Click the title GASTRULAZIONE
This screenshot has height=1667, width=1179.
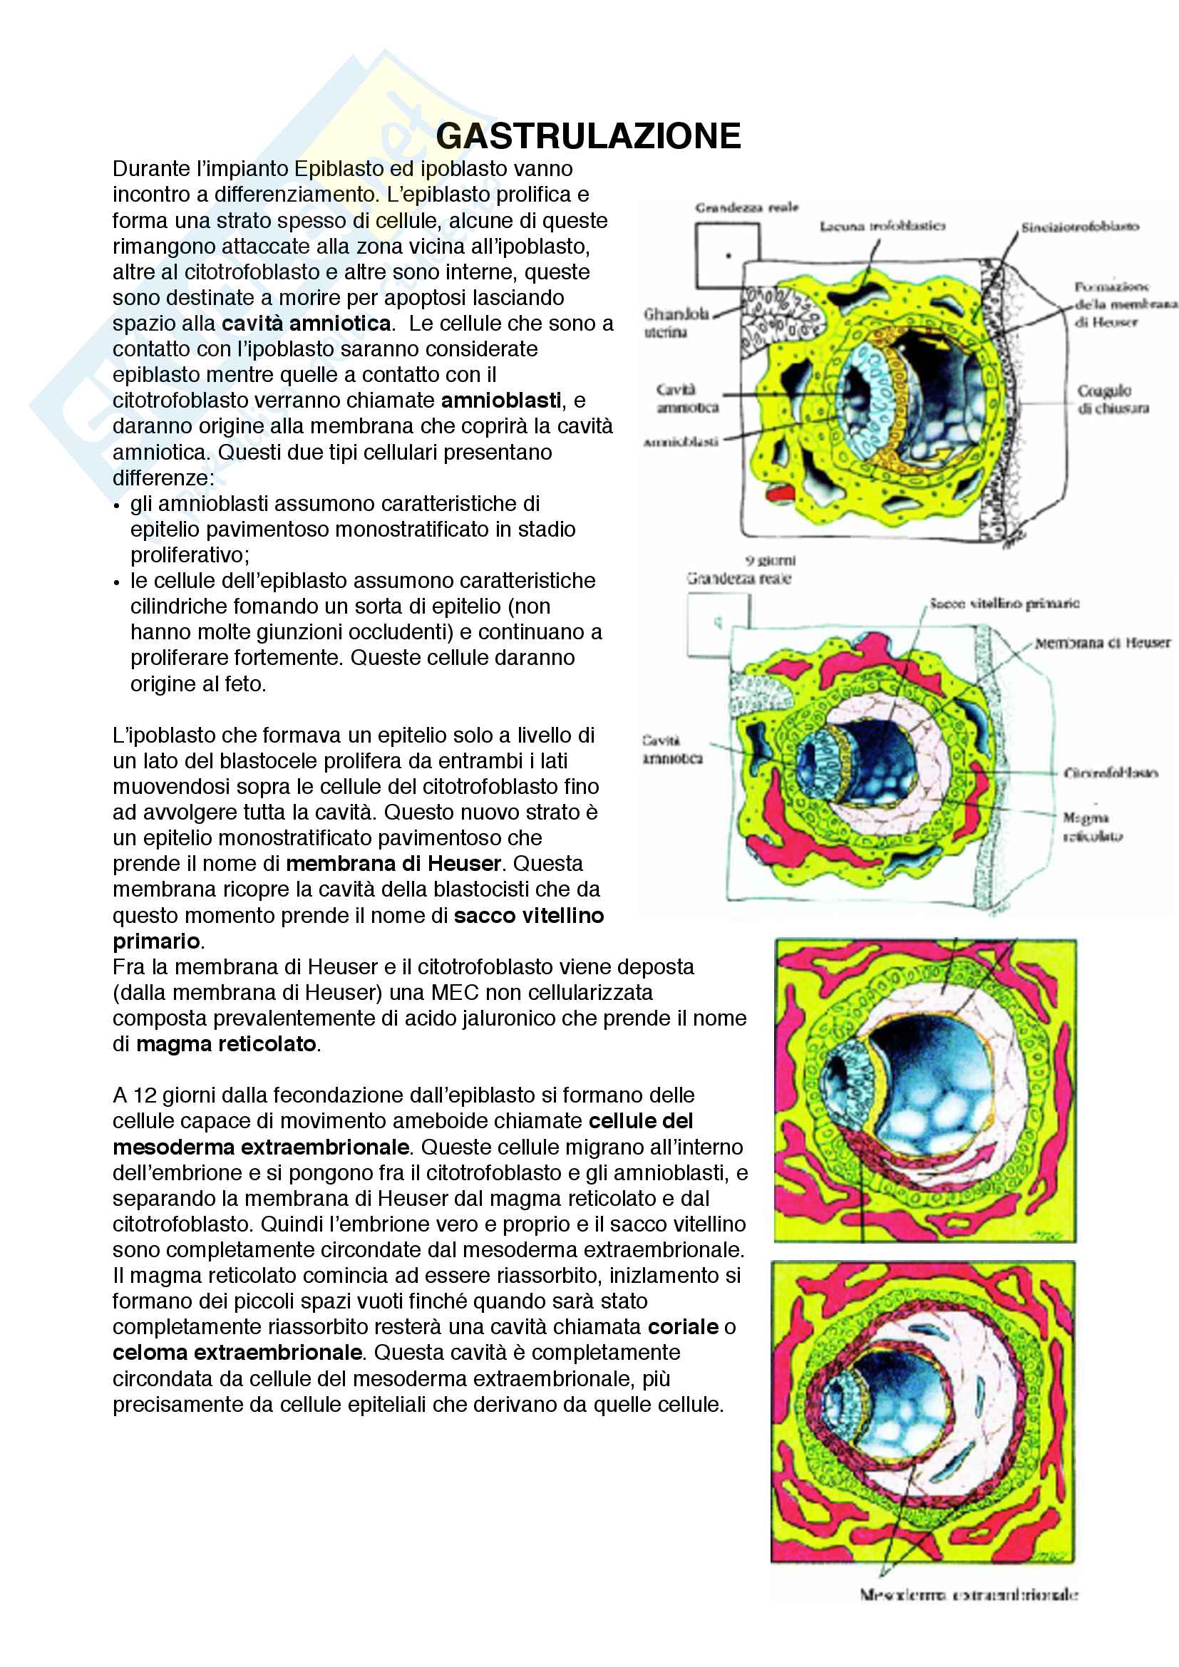pos(588,136)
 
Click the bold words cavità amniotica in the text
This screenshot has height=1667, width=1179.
pos(307,323)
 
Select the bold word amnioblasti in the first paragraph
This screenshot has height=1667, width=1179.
pos(501,400)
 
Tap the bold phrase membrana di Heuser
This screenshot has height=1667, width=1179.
pos(393,863)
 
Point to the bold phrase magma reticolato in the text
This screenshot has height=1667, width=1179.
pos(227,1043)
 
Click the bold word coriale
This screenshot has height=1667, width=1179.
pos(683,1326)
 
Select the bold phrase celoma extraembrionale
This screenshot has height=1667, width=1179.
pos(237,1352)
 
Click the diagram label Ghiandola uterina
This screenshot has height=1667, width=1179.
pos(676,322)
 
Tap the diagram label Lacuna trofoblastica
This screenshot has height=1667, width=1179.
pos(882,227)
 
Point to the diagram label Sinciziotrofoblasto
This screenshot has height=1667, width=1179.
pos(1079,227)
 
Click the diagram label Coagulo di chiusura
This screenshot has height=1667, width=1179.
pos(1112,399)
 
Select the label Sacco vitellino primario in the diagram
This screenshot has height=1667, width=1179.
pos(1005,604)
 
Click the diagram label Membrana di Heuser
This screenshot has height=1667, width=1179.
pos(1102,643)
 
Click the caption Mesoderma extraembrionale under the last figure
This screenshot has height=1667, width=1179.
pos(969,1594)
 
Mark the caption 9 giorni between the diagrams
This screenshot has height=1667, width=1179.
pos(771,560)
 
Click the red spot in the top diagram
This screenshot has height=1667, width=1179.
pos(781,494)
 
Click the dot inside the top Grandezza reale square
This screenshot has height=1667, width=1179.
pos(728,256)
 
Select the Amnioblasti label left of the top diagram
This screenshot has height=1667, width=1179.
pos(680,441)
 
